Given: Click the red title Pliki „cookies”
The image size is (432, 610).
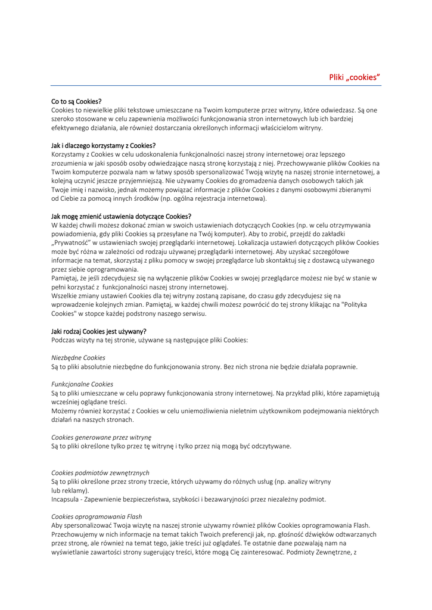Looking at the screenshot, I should coord(355,77).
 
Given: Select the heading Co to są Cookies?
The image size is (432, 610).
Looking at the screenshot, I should coord(76,101).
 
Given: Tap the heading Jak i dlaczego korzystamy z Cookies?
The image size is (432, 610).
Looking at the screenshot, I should coord(103,145).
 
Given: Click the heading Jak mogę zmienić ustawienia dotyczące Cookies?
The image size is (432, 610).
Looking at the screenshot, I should coord(121,216).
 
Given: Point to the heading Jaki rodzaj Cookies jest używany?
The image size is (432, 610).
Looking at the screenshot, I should coord(98,331).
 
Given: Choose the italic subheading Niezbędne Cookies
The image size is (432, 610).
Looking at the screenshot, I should coord(78,357).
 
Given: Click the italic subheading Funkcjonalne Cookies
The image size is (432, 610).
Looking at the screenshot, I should coord(82,384).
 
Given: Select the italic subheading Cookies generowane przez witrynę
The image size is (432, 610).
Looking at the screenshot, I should coord(101,437).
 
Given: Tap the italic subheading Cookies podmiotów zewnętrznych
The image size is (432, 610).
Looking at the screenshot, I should coord(100,472).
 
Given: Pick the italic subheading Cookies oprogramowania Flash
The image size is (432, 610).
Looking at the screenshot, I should coord(97,516).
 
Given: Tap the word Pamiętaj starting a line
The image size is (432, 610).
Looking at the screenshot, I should coord(65,278).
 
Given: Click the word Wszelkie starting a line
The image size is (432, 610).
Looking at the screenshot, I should coord(65,295).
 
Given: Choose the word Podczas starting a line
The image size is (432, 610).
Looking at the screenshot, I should coord(64,340).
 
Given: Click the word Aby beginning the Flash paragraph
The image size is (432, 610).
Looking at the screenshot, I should coord(57,525).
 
